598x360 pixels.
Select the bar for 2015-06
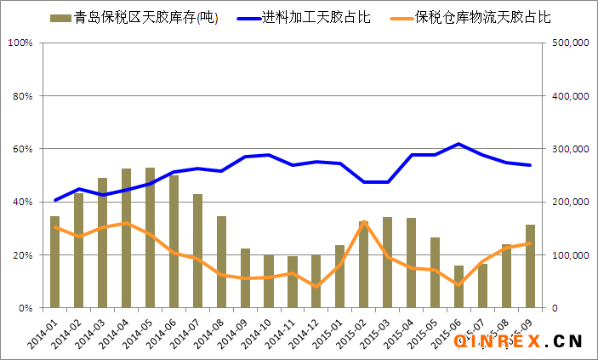pyautogui.click(x=459, y=286)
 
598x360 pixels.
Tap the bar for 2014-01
pyautogui.click(x=55, y=261)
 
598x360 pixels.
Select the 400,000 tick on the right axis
pyautogui.click(x=570, y=96)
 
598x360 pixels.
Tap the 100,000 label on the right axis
pyautogui.click(x=570, y=255)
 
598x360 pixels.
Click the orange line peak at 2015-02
pyautogui.click(x=364, y=223)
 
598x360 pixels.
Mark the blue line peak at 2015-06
pyautogui.click(x=459, y=144)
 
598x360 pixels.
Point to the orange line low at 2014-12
pyautogui.click(x=316, y=286)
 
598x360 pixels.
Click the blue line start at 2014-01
pyautogui.click(x=55, y=200)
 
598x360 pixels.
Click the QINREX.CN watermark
pyautogui.click(x=517, y=341)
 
